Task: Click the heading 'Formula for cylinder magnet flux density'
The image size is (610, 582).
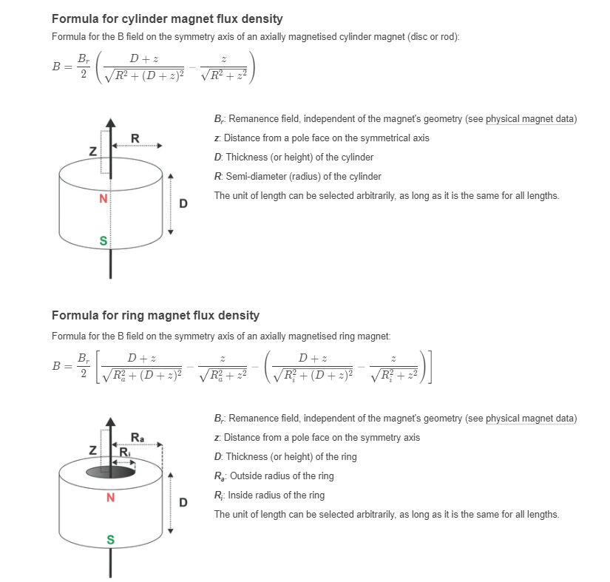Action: click(167, 18)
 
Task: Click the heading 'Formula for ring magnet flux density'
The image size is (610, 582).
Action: click(155, 315)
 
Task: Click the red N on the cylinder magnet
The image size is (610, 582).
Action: click(104, 199)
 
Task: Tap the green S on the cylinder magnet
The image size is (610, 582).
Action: click(104, 240)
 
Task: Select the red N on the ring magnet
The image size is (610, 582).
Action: click(110, 497)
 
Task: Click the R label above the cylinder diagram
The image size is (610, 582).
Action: click(134, 138)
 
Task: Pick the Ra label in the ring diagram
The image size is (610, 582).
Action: click(138, 436)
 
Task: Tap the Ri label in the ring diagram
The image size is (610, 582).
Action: click(124, 453)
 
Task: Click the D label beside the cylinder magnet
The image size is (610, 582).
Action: click(183, 203)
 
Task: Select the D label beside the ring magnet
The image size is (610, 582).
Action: click(183, 503)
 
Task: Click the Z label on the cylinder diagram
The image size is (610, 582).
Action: click(92, 151)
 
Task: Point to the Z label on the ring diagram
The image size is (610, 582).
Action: click(92, 450)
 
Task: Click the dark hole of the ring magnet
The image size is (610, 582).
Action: click(111, 471)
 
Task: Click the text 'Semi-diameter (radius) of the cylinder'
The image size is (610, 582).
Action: click(303, 177)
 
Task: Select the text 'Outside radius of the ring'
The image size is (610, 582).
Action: click(282, 476)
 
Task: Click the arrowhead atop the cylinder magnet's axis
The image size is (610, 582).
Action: click(111, 123)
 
